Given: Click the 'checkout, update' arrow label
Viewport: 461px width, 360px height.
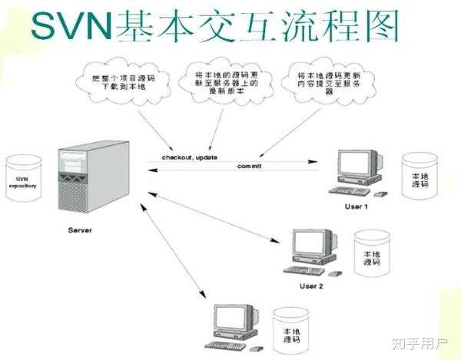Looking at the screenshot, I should pyautogui.click(x=191, y=158).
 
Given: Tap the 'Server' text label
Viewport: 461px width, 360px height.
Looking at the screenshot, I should pyautogui.click(x=79, y=229).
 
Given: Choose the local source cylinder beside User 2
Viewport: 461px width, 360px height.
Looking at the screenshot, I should pyautogui.click(x=371, y=256).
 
